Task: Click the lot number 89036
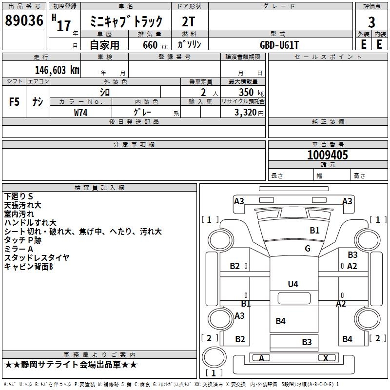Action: click(x=23, y=21)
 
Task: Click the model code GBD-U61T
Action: click(x=280, y=45)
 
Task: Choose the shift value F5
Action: click(x=15, y=102)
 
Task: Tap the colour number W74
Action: click(x=80, y=113)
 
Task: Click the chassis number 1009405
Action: click(x=328, y=156)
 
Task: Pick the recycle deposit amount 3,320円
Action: click(x=249, y=113)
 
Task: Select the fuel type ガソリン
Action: click(x=189, y=44)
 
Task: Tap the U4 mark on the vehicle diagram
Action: click(x=293, y=284)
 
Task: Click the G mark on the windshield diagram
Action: click(x=308, y=248)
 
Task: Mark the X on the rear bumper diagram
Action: click(x=326, y=358)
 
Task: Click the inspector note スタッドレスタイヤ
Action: click(x=37, y=258)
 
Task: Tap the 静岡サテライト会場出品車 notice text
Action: click(x=71, y=365)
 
